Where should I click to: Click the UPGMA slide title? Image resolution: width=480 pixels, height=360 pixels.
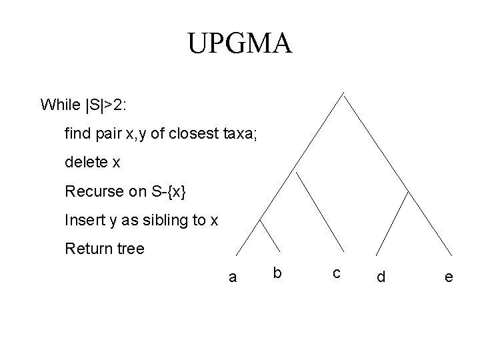(x=239, y=44)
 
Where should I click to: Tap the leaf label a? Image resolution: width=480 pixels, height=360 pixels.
(x=232, y=277)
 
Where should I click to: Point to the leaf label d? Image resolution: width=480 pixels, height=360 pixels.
(x=381, y=276)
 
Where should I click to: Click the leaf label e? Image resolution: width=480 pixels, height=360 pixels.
(x=449, y=277)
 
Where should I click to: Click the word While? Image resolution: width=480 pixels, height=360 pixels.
(x=60, y=105)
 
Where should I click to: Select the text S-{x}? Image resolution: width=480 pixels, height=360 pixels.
(x=166, y=191)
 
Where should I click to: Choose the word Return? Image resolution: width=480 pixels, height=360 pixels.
(x=87, y=249)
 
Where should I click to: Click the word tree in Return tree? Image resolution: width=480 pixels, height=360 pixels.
(x=130, y=249)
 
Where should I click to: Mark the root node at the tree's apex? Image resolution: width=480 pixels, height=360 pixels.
(x=344, y=93)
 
